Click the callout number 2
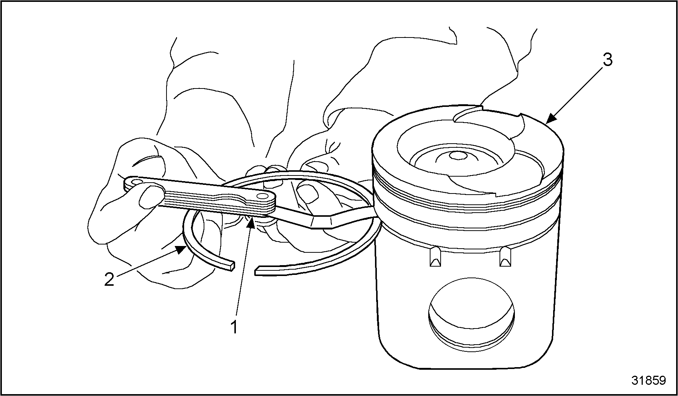pos(109,279)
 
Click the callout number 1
pos(234,327)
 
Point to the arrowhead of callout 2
pos(181,249)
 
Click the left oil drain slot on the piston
pos(435,257)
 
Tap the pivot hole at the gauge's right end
pos(266,196)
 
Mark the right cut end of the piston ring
pos(258,270)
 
